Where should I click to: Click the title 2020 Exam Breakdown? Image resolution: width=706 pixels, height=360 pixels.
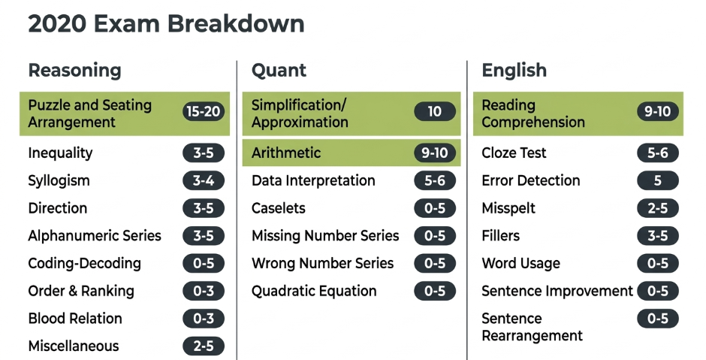click(166, 23)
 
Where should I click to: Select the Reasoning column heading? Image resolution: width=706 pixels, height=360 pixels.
click(75, 71)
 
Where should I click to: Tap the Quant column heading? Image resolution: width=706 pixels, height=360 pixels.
click(279, 71)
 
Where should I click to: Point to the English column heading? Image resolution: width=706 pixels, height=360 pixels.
click(514, 71)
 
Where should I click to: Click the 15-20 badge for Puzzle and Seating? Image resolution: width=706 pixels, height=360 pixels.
click(203, 111)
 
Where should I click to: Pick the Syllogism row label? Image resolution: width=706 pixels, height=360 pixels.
click(59, 180)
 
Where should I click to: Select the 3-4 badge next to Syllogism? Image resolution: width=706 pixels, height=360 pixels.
click(203, 180)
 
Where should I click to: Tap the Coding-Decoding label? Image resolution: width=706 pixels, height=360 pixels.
click(85, 263)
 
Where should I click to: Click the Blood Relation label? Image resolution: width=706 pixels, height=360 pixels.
click(75, 319)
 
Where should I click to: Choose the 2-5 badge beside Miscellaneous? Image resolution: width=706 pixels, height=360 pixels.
click(203, 346)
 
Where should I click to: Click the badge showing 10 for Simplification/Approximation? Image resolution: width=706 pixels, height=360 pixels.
click(435, 111)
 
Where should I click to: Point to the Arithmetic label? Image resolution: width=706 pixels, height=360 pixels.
click(286, 153)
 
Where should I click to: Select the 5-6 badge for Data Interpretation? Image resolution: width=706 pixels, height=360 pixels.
click(435, 180)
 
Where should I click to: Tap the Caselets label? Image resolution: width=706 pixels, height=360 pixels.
click(278, 208)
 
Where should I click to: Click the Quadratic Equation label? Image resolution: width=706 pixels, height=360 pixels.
click(314, 291)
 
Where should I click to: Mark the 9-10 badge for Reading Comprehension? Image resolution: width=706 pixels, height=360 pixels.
click(658, 111)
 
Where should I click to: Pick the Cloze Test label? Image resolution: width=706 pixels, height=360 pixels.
click(514, 153)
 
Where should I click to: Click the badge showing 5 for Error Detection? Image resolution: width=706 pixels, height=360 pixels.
click(658, 180)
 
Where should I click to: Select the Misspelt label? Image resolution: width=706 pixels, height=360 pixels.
click(508, 208)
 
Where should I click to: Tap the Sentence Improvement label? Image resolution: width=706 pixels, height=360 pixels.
click(557, 291)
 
